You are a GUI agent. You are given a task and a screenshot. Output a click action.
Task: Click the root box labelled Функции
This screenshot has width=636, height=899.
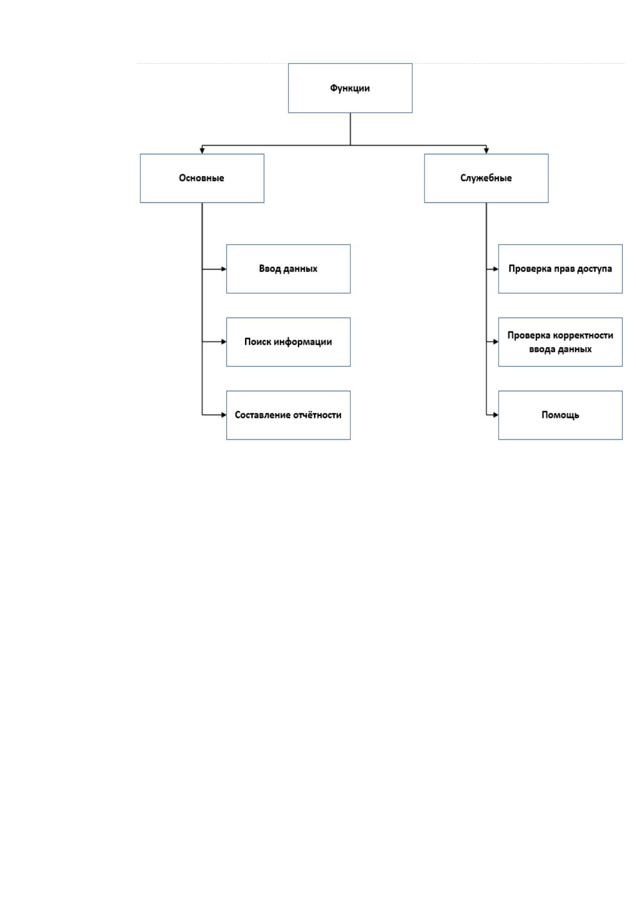click(350, 88)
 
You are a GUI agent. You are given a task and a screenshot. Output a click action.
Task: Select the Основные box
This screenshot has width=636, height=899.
click(202, 178)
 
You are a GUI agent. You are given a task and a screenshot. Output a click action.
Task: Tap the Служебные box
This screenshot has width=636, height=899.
click(486, 178)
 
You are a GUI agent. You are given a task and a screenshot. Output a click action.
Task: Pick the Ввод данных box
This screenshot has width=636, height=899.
click(288, 269)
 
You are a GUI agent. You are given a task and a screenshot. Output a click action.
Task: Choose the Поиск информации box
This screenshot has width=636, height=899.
click(288, 342)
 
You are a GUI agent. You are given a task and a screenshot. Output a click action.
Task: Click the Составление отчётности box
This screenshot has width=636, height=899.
click(288, 415)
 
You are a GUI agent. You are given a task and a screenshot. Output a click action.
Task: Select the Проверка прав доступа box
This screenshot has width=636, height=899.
click(561, 269)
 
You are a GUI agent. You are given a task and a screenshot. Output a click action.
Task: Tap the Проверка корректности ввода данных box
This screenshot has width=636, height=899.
click(561, 342)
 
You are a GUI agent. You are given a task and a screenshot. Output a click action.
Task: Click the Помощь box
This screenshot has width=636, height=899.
click(561, 415)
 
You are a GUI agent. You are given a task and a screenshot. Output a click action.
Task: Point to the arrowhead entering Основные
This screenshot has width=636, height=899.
click(202, 151)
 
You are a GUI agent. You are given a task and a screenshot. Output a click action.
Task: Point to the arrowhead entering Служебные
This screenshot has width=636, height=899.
click(486, 151)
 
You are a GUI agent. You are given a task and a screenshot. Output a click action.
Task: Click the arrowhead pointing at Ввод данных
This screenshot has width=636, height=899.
click(224, 269)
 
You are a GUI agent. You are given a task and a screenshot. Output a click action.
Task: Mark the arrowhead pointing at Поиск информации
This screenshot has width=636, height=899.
click(224, 342)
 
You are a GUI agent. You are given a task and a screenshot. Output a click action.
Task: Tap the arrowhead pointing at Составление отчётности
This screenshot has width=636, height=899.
click(224, 415)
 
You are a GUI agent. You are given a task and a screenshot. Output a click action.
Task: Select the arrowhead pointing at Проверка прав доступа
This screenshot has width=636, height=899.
click(496, 269)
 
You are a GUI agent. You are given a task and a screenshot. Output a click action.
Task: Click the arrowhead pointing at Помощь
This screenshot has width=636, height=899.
click(496, 415)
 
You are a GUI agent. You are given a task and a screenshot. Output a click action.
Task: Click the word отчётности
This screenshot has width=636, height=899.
click(317, 415)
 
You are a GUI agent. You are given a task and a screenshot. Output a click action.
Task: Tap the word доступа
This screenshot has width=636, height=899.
click(594, 269)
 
